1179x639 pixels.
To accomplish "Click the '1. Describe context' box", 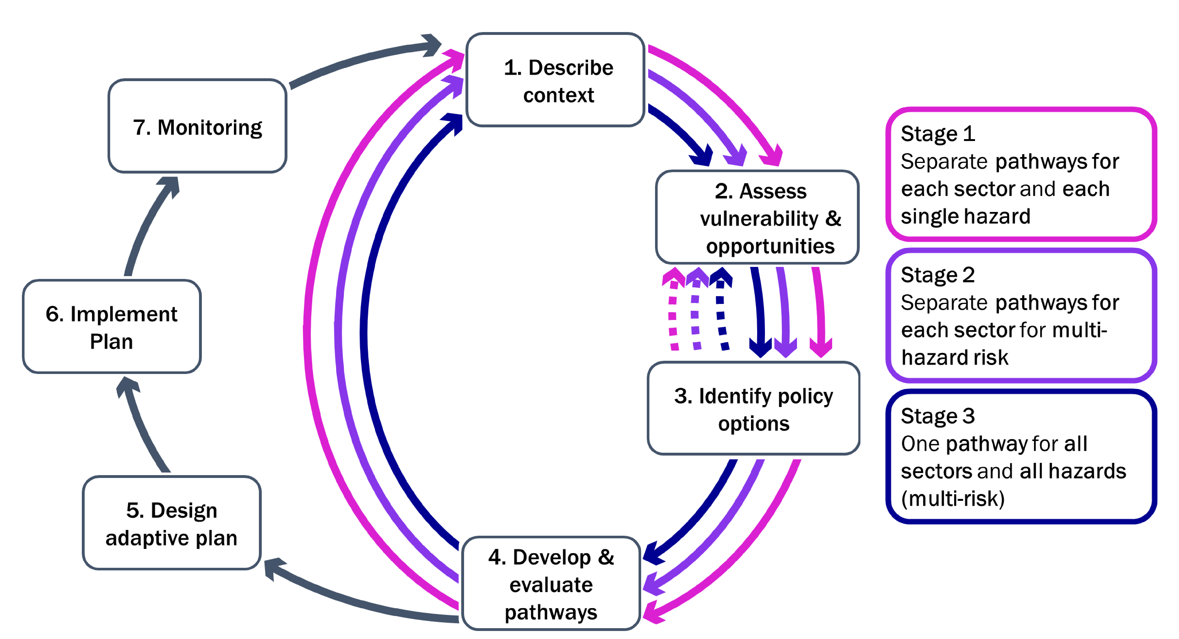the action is pyautogui.click(x=555, y=80).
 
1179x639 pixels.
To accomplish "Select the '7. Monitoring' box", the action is pyautogui.click(x=197, y=126).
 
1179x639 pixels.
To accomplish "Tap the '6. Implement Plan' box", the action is pyautogui.click(x=112, y=326).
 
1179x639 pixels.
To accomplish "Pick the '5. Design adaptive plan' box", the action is pyautogui.click(x=172, y=523).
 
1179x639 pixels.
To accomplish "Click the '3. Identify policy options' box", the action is pyautogui.click(x=753, y=408).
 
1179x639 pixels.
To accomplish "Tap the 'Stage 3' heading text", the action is pyautogui.click(x=938, y=416).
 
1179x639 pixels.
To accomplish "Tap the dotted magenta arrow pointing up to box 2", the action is pyautogui.click(x=673, y=309).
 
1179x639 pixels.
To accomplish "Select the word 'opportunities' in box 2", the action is pyautogui.click(x=770, y=246).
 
